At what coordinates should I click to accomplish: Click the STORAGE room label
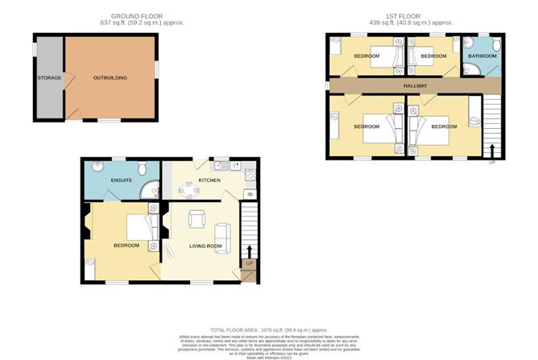49,78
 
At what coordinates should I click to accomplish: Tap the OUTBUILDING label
110,77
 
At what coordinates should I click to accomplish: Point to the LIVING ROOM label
205,245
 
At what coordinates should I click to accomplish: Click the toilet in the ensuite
143,168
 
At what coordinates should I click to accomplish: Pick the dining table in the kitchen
191,190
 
